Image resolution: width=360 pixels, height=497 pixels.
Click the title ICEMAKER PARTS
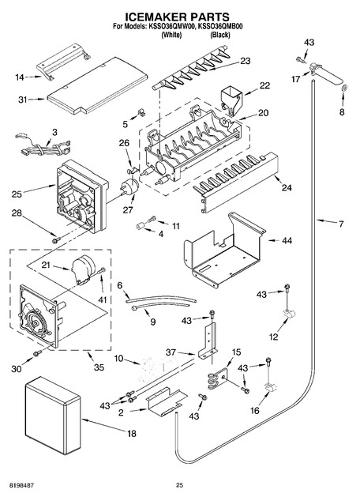(177, 17)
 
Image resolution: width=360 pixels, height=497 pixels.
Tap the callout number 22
(264, 85)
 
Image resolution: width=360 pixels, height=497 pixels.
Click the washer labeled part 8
(345, 88)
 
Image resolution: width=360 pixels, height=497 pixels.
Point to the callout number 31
(22, 100)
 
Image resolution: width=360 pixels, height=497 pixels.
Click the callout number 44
(287, 241)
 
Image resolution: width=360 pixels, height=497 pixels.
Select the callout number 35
(99, 367)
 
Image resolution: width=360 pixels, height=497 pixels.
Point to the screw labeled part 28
(56, 240)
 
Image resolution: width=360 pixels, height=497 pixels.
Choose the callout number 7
(341, 224)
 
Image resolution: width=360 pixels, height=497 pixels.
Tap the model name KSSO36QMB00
(219, 27)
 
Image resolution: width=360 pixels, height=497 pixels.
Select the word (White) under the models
(171, 35)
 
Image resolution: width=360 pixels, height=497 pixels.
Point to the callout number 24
(287, 188)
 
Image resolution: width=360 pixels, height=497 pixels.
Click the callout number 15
(236, 352)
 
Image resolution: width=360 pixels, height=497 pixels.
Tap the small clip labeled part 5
(141, 112)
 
